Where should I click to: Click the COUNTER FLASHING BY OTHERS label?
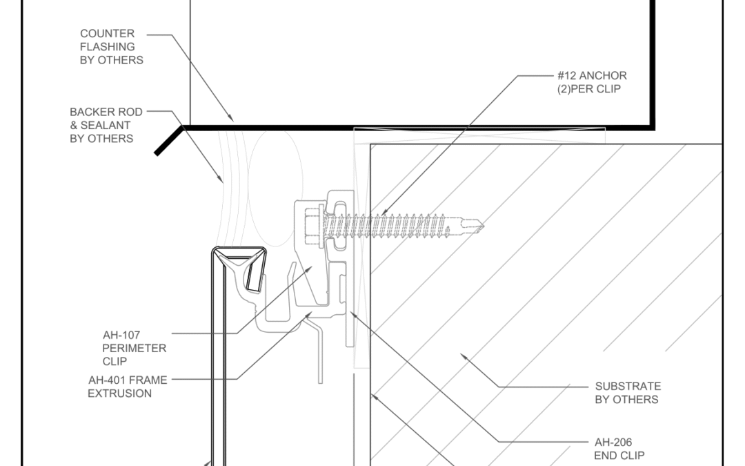pyautogui.click(x=111, y=47)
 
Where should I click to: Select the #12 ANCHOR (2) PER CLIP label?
pyautogui.click(x=592, y=82)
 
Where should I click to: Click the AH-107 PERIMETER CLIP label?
pyautogui.click(x=134, y=348)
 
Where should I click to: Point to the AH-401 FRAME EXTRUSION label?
pyautogui.click(x=128, y=387)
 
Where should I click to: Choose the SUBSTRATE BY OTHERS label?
pyautogui.click(x=628, y=393)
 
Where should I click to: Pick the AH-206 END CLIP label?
pyautogui.click(x=619, y=449)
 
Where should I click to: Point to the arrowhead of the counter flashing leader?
pyautogui.click(x=231, y=119)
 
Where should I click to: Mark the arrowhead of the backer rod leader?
pyautogui.click(x=221, y=179)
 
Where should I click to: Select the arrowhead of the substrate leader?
pyautogui.click(x=463, y=356)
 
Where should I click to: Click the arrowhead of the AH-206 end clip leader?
pyautogui.click(x=352, y=313)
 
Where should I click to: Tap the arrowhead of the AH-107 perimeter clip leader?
pyautogui.click(x=310, y=269)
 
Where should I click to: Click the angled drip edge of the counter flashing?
pyautogui.click(x=169, y=140)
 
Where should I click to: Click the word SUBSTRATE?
pyautogui.click(x=628, y=386)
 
